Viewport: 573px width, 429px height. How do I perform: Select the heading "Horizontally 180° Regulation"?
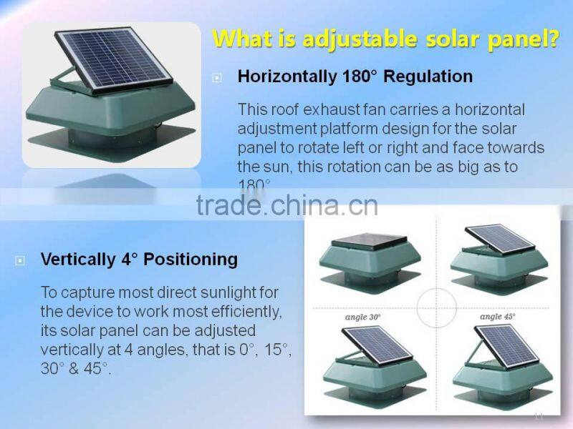(x=355, y=77)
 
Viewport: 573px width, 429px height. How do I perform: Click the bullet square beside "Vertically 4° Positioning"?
(x=21, y=260)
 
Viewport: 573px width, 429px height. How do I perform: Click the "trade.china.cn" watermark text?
(x=286, y=205)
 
